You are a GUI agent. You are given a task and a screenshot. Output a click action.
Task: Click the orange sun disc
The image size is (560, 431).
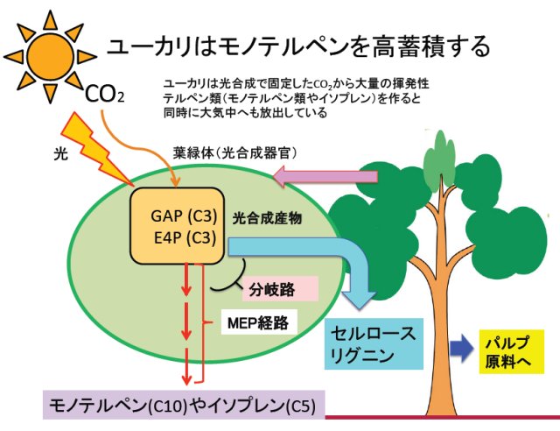51,57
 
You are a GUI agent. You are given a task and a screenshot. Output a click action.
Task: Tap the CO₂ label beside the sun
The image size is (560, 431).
105,95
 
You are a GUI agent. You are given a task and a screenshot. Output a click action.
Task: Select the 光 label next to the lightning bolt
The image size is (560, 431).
60,154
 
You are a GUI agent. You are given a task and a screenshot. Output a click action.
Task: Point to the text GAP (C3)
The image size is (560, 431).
184,215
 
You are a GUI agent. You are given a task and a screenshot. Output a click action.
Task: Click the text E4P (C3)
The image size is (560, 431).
185,237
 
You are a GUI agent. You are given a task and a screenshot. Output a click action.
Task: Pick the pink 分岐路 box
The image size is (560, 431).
280,288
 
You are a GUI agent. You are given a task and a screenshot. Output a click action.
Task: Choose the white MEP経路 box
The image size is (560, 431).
259,321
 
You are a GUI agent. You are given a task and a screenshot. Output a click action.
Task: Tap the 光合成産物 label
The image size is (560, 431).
267,218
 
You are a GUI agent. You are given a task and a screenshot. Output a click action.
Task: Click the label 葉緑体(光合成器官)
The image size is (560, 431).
235,153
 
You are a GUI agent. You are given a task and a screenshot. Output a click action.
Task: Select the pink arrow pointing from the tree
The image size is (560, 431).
325,177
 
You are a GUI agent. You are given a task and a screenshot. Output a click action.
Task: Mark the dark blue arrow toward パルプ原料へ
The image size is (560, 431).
462,348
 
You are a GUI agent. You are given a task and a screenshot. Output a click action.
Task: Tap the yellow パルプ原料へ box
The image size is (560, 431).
511,351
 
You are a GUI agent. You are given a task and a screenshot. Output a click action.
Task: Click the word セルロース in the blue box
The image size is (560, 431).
374,334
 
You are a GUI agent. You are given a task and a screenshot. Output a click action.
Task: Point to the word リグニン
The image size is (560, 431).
362,357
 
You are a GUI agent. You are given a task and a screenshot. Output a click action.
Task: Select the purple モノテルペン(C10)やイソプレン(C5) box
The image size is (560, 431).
184,406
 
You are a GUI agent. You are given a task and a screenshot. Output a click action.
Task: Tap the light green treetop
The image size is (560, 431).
440,160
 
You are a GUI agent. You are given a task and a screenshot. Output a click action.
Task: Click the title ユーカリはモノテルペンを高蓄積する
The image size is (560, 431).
298,47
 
